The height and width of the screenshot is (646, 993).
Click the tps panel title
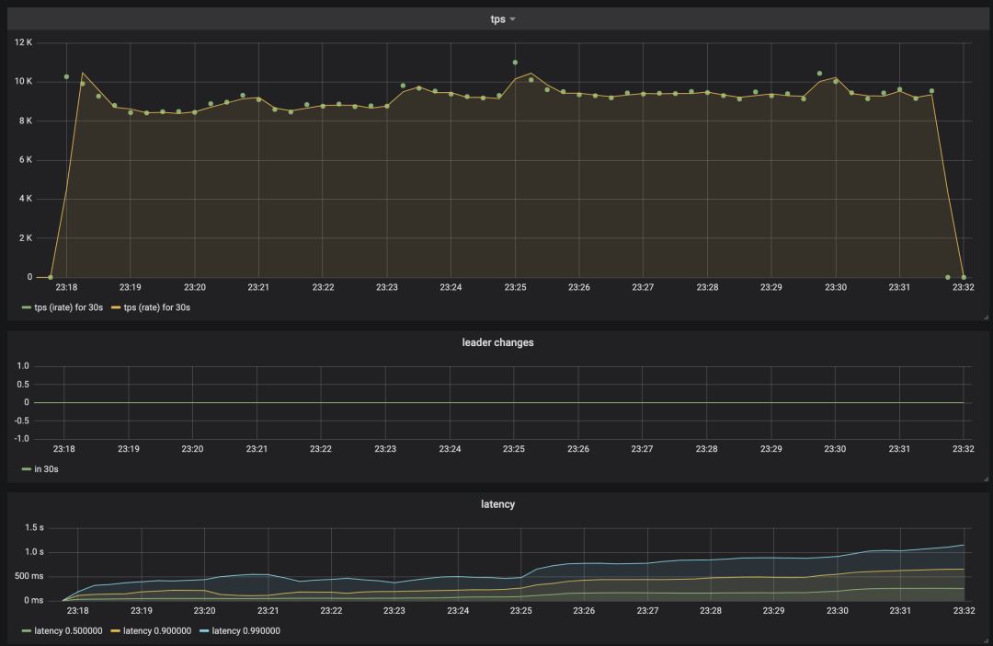coord(497,19)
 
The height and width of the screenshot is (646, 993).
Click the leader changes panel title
coord(497,342)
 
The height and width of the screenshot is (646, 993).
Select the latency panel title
coord(497,504)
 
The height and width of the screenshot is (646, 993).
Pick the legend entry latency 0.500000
coord(68,631)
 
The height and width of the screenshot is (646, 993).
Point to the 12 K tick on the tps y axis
coord(23,42)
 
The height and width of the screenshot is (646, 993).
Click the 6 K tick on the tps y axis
coord(25,160)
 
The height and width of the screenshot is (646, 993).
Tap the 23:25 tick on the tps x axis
coord(515,287)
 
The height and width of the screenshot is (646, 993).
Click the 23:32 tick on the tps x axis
coord(963,287)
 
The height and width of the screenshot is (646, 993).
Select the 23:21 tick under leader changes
coord(257,449)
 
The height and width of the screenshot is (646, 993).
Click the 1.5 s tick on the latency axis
coord(34,527)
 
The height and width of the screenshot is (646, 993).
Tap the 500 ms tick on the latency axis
coord(30,576)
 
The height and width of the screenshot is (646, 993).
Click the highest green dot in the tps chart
coord(515,63)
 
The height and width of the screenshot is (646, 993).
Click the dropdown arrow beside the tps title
coord(512,19)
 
